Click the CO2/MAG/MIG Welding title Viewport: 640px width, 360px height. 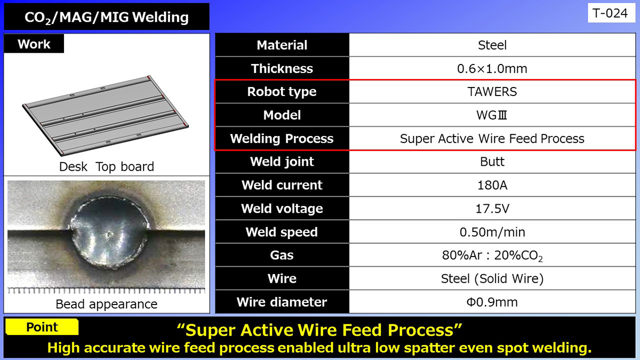tap(107, 17)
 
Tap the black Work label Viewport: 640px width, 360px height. tap(34, 44)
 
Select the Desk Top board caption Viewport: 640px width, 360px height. tap(107, 166)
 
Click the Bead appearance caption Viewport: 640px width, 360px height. tap(107, 304)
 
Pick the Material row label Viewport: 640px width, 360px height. tap(282, 45)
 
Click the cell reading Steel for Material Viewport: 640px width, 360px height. tap(492, 45)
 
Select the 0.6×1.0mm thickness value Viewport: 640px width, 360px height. tap(492, 69)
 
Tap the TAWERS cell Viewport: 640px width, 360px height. tap(492, 92)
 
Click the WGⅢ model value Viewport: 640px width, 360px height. tap(492, 115)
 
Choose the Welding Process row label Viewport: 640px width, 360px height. tap(282, 139)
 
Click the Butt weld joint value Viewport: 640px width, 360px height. tap(492, 162)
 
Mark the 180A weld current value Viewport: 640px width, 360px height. tap(492, 185)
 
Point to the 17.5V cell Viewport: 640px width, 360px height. tap(492, 209)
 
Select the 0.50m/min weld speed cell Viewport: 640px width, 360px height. tap(492, 232)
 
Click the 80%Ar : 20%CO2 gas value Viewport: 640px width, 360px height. tap(492, 255)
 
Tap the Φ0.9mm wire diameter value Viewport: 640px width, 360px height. tap(492, 302)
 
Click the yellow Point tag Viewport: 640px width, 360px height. tap(42, 327)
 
